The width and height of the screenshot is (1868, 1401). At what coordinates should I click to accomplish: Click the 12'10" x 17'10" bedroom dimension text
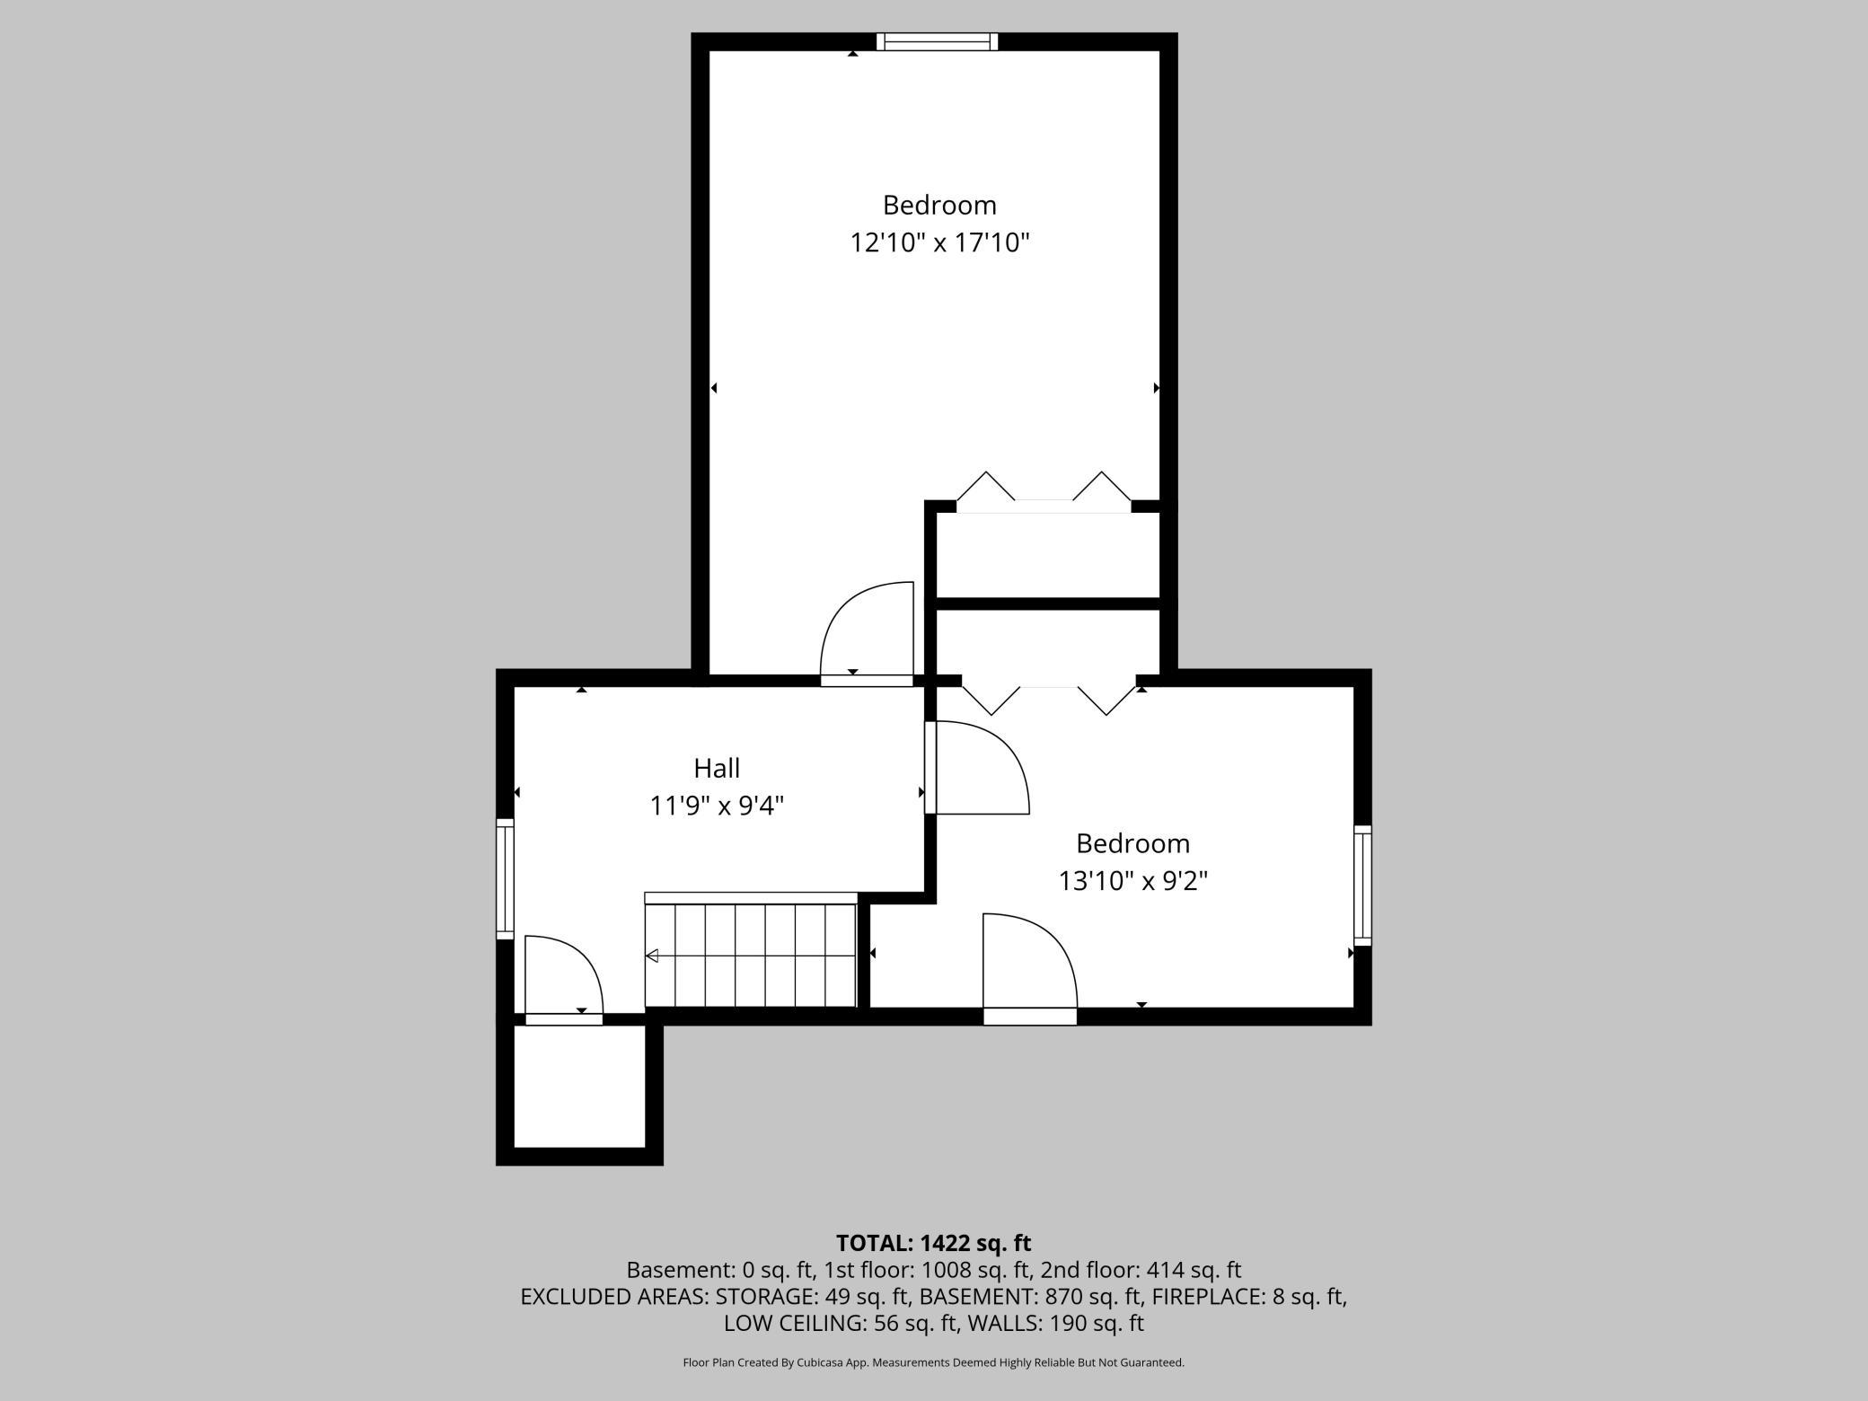(x=939, y=242)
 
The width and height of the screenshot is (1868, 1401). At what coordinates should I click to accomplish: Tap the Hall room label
(x=717, y=768)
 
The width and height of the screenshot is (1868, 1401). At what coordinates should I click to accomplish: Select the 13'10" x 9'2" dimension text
(x=1132, y=881)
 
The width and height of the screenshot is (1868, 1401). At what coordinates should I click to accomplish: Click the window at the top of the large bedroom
(x=937, y=41)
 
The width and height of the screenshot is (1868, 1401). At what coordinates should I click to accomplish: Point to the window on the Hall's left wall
(x=506, y=878)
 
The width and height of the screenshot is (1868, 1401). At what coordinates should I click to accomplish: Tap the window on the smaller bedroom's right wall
(x=1362, y=885)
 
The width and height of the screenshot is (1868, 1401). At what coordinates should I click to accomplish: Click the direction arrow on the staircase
(x=653, y=956)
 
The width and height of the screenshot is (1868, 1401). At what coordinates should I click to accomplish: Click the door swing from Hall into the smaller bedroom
(x=979, y=769)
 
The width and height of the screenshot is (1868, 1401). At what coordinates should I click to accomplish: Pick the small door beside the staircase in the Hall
(x=562, y=977)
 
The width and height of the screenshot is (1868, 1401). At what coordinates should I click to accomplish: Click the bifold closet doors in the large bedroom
(x=1044, y=492)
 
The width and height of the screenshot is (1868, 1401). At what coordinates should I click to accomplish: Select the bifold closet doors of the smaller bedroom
(x=1048, y=698)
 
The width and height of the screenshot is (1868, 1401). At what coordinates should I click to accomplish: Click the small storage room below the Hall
(x=579, y=1087)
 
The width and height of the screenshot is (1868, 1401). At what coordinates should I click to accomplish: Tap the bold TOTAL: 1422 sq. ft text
(x=933, y=1243)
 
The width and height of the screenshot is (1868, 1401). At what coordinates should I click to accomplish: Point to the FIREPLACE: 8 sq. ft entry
(x=1248, y=1297)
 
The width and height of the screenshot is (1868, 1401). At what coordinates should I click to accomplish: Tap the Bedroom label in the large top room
(x=939, y=205)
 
